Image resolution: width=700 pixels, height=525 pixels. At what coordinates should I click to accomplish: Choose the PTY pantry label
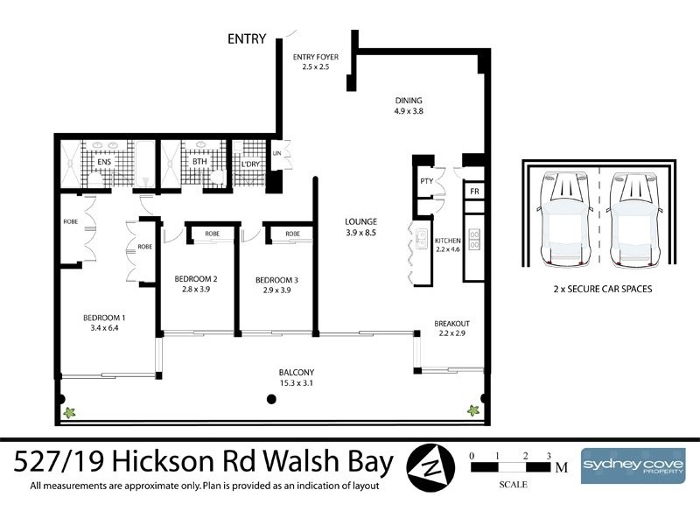(427, 181)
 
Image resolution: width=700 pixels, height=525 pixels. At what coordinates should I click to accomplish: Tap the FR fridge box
(473, 192)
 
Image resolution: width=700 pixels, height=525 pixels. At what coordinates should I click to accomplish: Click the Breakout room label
(451, 328)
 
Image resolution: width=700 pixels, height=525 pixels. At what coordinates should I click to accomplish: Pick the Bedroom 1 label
(104, 322)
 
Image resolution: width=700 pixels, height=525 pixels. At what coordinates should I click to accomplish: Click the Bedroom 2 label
(199, 284)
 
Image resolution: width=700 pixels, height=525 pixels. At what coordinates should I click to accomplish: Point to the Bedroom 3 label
(276, 284)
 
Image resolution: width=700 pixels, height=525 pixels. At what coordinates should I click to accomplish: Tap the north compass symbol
(431, 464)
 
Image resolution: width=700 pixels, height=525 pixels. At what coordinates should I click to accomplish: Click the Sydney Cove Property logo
(634, 464)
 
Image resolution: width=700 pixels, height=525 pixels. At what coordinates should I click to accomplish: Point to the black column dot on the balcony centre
(271, 399)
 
